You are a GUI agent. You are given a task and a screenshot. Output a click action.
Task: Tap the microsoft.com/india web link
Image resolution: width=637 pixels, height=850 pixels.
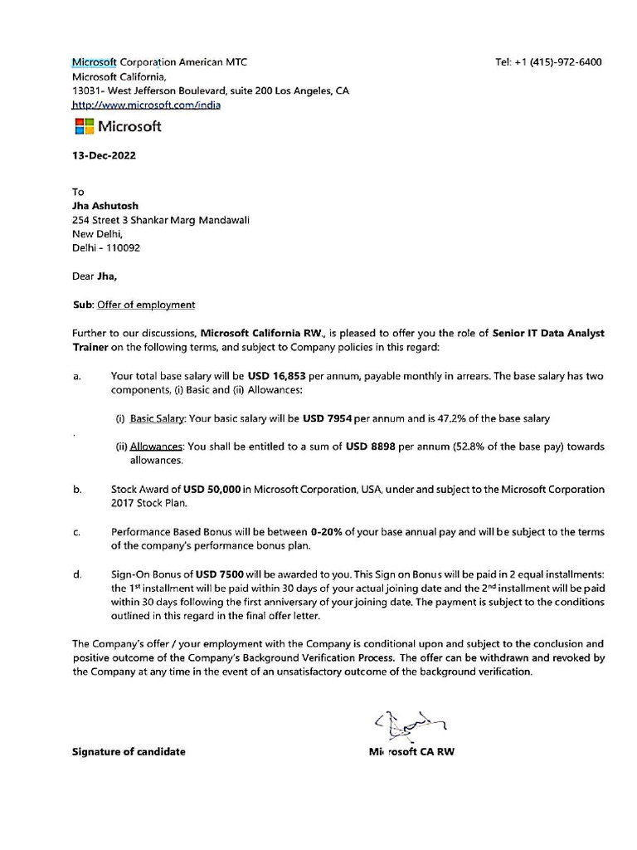(146, 105)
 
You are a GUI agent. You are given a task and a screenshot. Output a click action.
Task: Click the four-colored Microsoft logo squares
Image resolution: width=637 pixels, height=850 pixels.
(83, 126)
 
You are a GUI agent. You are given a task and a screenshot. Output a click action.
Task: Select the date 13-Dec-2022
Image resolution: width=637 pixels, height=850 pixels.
(105, 155)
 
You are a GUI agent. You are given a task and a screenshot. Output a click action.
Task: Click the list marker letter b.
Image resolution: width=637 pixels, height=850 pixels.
(76, 490)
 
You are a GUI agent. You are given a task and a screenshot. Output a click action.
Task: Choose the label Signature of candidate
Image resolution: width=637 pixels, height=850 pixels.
(129, 752)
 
